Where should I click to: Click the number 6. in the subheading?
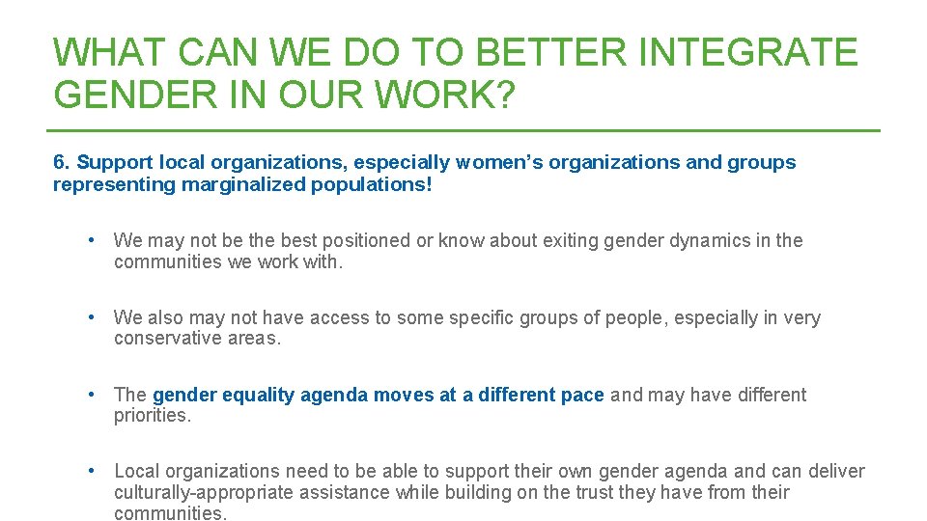pos(62,162)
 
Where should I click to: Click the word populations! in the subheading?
pos(372,184)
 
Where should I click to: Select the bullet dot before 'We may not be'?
pos(90,240)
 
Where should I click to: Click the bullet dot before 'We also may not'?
pos(90,317)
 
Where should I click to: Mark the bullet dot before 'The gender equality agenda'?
pos(90,394)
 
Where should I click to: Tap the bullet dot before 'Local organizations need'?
pos(90,471)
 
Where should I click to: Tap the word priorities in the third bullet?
pos(152,416)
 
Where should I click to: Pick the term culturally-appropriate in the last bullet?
pos(210,493)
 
